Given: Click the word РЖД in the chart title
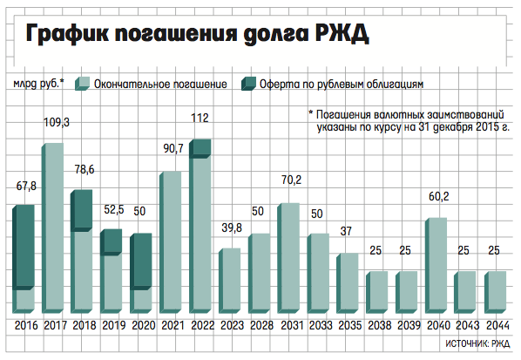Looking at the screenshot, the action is (342, 34).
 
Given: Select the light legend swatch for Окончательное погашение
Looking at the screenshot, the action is (83, 84).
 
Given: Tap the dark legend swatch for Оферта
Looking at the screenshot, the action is (248, 84).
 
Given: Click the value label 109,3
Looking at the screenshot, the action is (57, 122).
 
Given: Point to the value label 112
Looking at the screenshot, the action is (200, 118).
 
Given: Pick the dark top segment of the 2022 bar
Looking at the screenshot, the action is (200, 148).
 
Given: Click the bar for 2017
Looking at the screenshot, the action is (52, 228).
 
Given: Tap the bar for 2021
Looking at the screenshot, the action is (171, 242).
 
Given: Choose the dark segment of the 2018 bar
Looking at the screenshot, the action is (82, 211).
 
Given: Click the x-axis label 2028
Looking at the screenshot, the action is (262, 325).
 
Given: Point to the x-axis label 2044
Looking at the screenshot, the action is (497, 325).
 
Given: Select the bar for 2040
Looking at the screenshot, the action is (436, 266).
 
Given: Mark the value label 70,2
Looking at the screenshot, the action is (291, 180).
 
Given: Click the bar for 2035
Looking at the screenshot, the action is (348, 283).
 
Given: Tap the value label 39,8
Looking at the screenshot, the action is (232, 228).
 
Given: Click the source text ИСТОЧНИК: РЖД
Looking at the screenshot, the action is (477, 343).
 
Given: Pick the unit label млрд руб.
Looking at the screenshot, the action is (38, 84).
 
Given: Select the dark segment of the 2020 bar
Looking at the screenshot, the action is (141, 262).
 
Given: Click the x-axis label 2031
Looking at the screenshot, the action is (292, 325).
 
